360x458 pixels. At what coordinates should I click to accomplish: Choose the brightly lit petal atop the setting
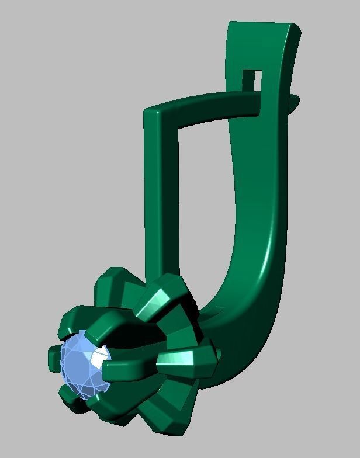pyautogui.click(x=158, y=301)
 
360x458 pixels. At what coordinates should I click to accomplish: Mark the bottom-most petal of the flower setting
pyautogui.click(x=158, y=418)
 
